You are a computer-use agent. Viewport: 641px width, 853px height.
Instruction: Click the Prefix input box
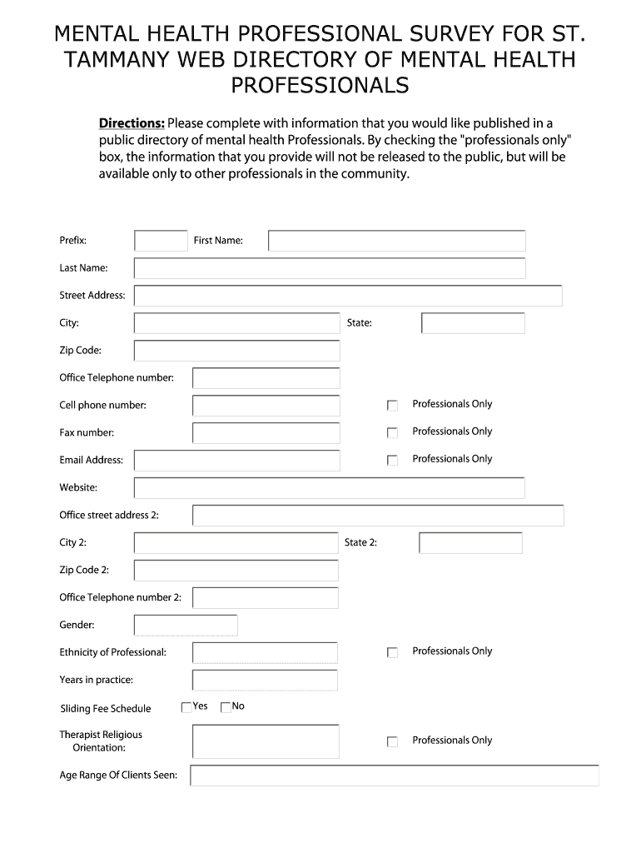(161, 241)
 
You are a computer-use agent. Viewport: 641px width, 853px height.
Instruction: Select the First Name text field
(396, 241)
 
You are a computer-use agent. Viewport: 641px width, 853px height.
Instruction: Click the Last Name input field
(330, 268)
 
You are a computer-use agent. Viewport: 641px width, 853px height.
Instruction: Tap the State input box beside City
(473, 323)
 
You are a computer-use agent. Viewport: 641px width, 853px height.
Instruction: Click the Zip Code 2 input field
(236, 571)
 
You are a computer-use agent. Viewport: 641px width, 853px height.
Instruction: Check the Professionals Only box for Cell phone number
(393, 406)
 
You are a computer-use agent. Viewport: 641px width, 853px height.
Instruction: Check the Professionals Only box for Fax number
(393, 433)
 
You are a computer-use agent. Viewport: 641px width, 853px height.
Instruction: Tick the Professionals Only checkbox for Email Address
(393, 461)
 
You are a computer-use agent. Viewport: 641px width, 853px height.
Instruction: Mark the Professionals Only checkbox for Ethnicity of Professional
(393, 653)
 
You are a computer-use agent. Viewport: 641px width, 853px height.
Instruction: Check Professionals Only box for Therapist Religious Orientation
(393, 741)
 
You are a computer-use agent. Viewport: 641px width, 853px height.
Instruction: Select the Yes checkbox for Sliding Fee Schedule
(186, 707)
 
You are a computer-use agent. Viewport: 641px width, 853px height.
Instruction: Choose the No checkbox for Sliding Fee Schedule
(226, 707)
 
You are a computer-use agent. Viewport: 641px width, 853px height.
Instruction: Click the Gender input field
(186, 626)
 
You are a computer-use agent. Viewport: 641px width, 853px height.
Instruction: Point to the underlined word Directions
(132, 124)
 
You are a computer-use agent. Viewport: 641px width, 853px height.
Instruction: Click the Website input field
(330, 488)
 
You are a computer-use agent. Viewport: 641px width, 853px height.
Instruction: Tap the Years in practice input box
(265, 681)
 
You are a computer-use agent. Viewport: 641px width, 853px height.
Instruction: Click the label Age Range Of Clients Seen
(118, 776)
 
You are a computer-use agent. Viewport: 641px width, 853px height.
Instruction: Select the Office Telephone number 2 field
(265, 598)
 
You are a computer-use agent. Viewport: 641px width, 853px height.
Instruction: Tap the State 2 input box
(470, 543)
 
